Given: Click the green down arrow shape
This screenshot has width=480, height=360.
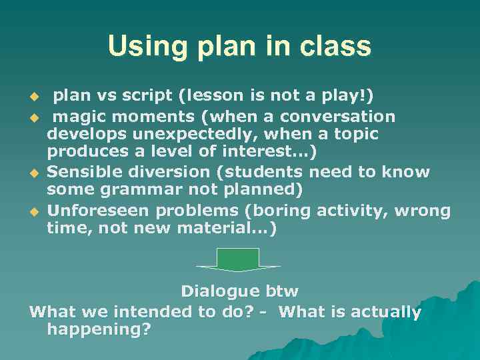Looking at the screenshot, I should (238, 259).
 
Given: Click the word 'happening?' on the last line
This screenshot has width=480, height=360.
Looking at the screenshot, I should (99, 329).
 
